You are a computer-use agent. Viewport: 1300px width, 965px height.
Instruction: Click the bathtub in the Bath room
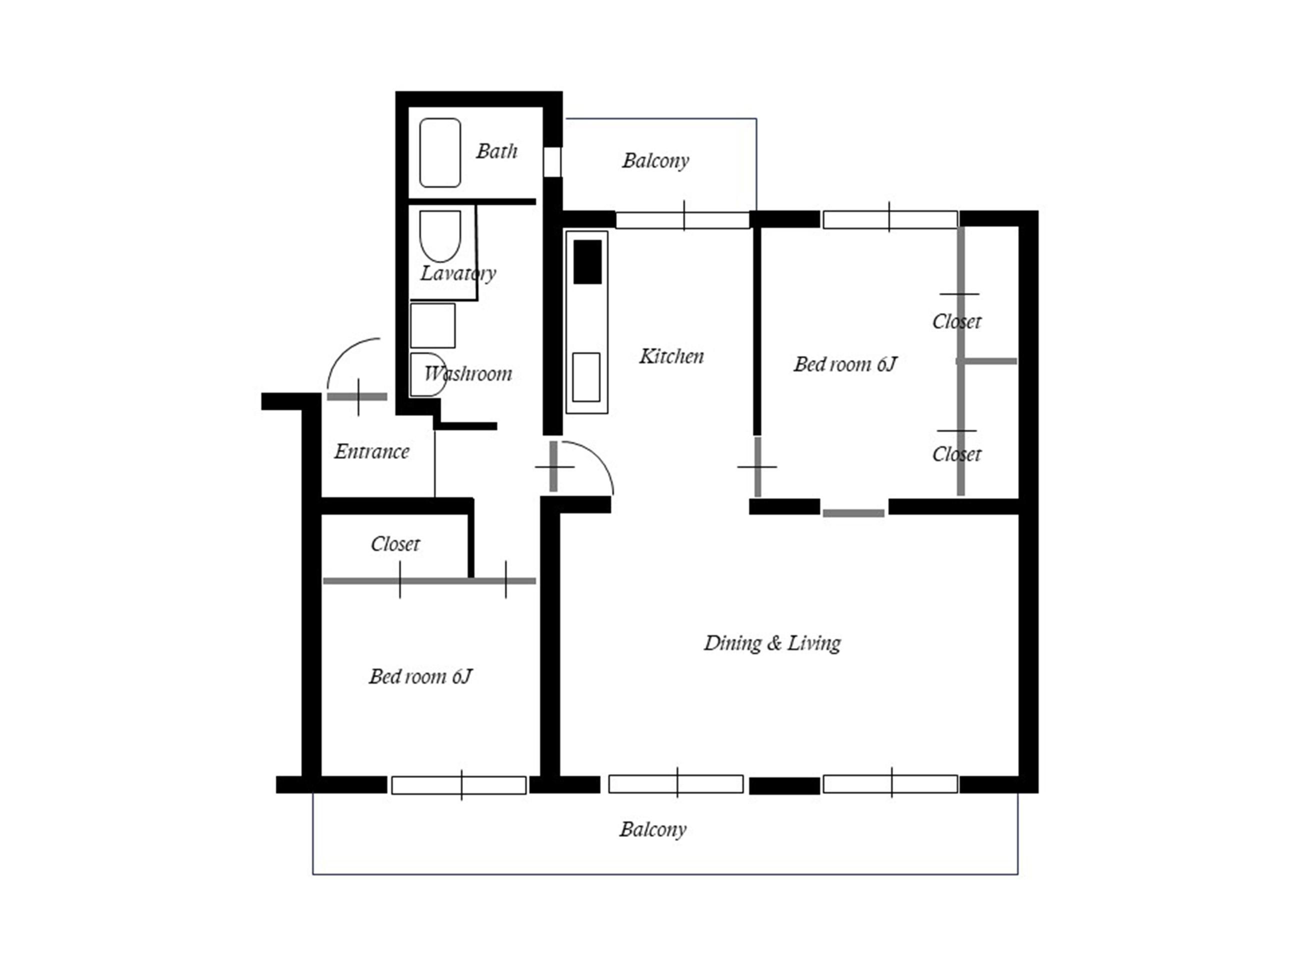click(440, 152)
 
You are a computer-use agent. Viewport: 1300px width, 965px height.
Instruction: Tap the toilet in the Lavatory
click(440, 236)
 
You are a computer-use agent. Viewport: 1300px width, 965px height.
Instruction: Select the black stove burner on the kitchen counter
click(587, 261)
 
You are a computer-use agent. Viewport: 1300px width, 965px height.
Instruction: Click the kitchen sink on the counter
click(586, 377)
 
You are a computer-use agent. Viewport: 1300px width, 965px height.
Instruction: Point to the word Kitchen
click(671, 355)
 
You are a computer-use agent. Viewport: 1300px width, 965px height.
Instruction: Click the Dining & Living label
click(772, 642)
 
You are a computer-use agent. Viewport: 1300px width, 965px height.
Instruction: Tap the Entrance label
click(371, 451)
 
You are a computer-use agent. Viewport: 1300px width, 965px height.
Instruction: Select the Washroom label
click(468, 373)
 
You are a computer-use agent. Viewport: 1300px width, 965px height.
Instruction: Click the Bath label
click(496, 150)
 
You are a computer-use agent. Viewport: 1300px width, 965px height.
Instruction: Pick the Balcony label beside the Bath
click(655, 160)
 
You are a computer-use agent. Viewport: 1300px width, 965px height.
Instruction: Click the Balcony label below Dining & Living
click(653, 829)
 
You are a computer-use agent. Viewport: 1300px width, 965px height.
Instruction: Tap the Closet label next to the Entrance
click(395, 544)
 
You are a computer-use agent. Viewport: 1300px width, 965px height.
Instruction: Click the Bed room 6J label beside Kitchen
click(844, 364)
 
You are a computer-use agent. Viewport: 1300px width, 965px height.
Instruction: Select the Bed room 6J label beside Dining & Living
click(420, 676)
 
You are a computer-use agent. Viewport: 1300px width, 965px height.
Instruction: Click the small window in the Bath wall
click(552, 162)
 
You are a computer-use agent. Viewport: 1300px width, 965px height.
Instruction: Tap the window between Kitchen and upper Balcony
click(682, 220)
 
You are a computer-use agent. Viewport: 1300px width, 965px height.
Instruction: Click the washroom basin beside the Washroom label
click(428, 374)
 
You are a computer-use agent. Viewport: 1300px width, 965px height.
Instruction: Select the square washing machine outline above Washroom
click(432, 325)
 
